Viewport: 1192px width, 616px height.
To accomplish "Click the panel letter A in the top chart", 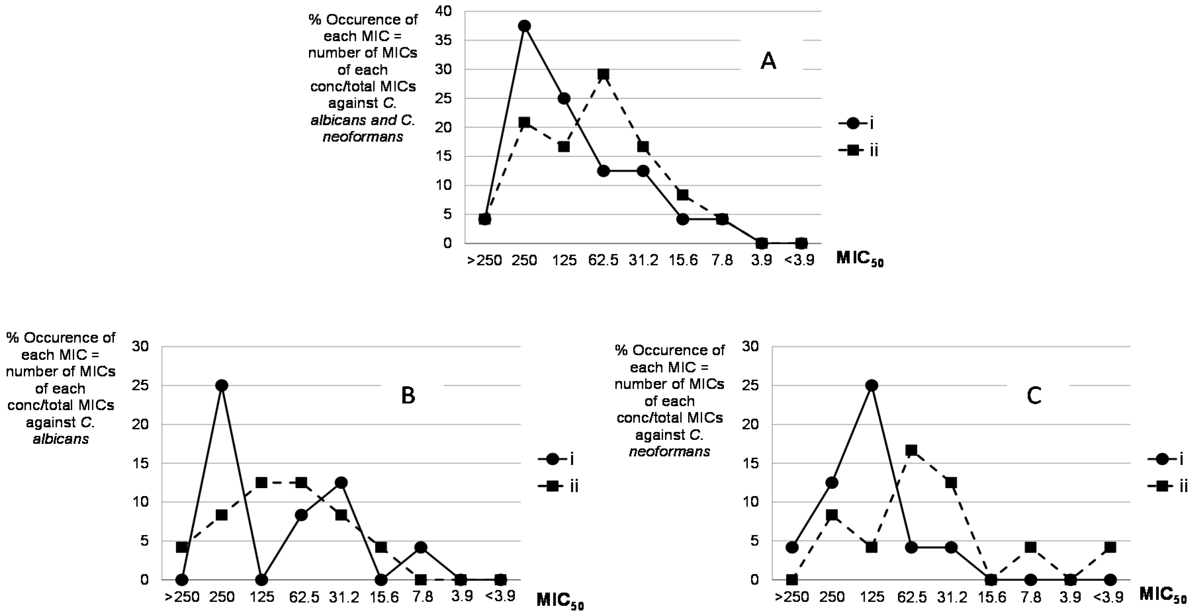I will (768, 61).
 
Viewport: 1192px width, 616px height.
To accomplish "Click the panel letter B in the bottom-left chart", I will (408, 396).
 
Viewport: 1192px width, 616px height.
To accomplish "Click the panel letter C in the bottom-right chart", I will (1034, 396).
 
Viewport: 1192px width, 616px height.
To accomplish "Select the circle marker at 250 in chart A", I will (524, 26).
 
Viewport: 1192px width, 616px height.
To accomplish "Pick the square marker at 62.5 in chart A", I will (603, 74).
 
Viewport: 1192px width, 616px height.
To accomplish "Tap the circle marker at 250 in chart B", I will (222, 385).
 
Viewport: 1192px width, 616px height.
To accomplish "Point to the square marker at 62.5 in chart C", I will (912, 450).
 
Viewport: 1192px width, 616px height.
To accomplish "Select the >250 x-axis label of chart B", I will (182, 597).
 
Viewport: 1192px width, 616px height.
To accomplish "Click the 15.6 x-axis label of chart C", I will (991, 597).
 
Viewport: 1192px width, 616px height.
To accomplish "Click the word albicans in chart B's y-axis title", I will (61, 439).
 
